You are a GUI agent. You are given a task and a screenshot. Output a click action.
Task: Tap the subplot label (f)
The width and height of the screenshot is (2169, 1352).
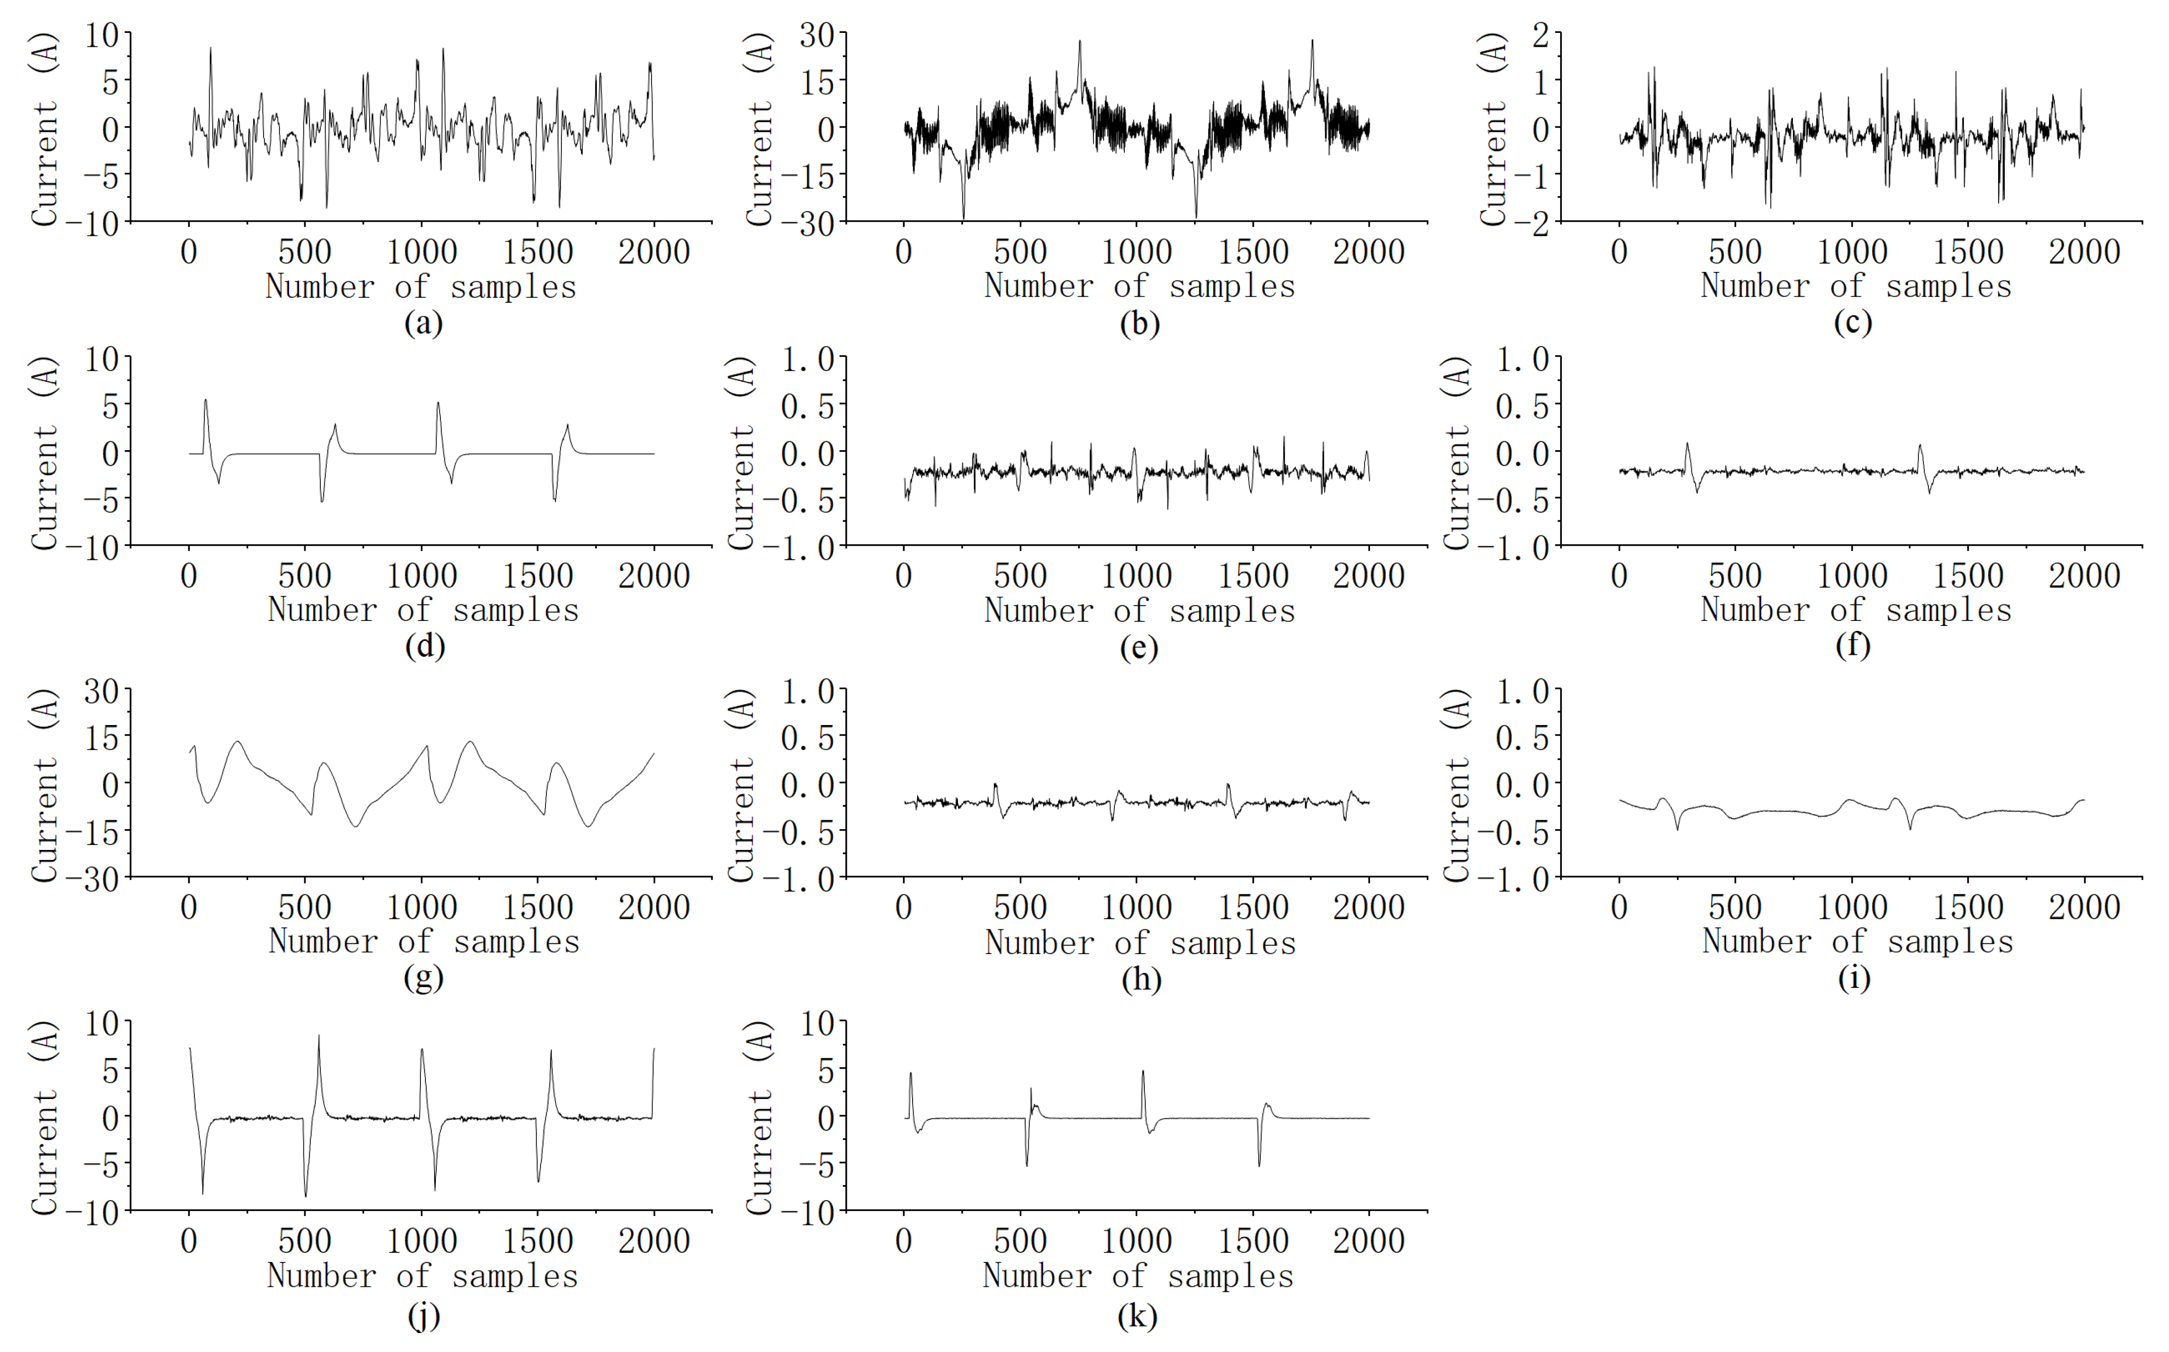(x=1852, y=645)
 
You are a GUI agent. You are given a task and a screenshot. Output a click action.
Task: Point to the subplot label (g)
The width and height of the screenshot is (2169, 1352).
(x=423, y=978)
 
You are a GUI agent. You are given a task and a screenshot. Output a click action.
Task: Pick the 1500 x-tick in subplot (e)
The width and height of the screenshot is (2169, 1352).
(x=1252, y=576)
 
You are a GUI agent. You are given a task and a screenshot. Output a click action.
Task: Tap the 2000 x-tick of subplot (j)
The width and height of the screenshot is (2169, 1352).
(x=654, y=1241)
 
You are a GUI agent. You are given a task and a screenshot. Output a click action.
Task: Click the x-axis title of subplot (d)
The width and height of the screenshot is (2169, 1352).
(x=423, y=610)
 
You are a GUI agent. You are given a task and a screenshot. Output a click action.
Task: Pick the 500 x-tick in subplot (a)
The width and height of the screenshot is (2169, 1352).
(x=305, y=252)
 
